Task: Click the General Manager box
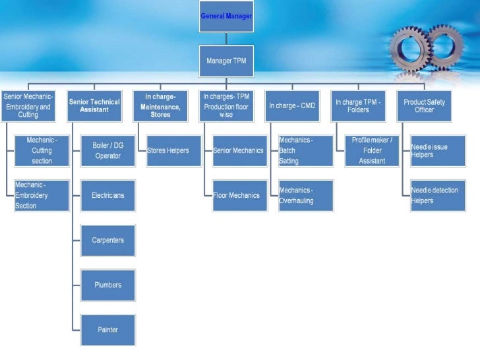pos(226,16)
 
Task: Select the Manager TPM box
pos(226,61)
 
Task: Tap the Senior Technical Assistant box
pos(94,105)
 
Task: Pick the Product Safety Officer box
pos(424,105)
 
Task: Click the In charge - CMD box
pos(292,105)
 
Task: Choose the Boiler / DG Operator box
pos(107,151)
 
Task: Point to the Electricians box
pos(107,196)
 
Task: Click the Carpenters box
pos(107,240)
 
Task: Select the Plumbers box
pos(107,285)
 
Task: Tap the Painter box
pos(107,330)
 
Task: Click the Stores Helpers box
pos(167,151)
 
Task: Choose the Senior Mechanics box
pos(239,151)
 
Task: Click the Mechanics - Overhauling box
pos(305,196)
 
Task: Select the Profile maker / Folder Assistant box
pos(371,151)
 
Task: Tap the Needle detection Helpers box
pos(437,196)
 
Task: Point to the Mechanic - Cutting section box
pos(42,151)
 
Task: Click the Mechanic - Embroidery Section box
pos(42,196)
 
